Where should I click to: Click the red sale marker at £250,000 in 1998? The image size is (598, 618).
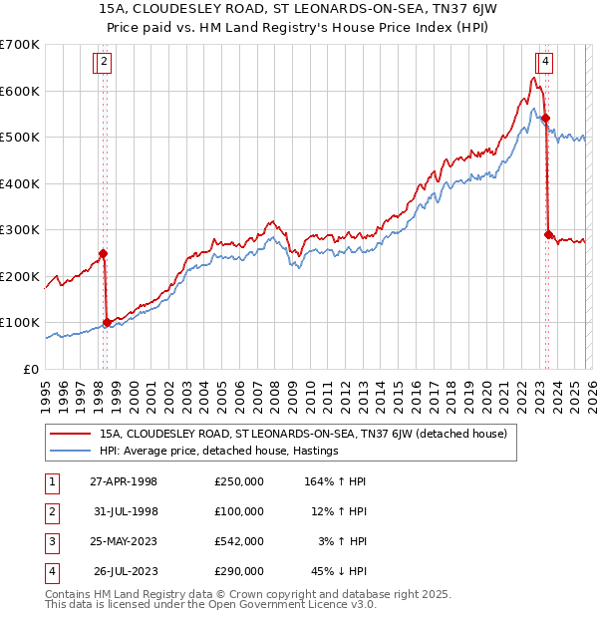point(103,253)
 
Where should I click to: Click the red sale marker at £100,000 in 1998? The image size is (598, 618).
point(108,322)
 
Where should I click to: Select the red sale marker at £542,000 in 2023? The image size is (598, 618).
point(545,119)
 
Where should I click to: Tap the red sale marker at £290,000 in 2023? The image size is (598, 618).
point(548,234)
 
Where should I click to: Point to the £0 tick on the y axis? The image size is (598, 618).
point(31,369)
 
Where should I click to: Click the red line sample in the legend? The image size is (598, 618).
point(72,434)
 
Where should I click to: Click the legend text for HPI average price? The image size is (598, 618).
point(219,451)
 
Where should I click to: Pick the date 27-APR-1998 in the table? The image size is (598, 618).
point(125,481)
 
